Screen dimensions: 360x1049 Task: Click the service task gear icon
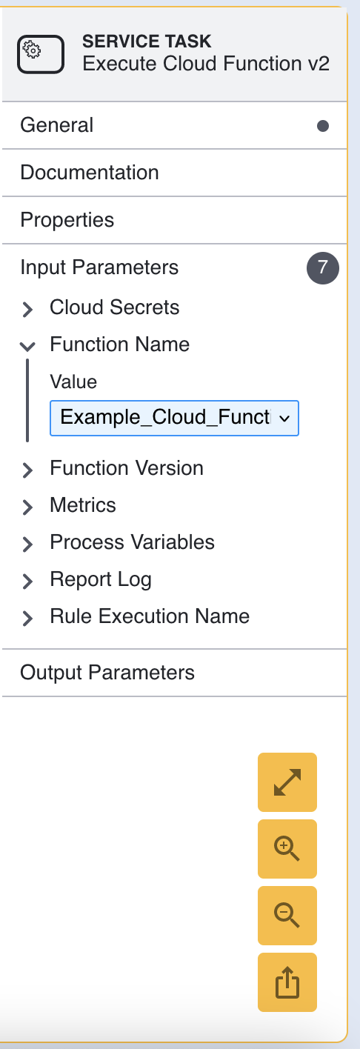point(41,54)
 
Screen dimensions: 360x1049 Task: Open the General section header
point(56,125)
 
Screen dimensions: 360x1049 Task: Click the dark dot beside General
point(322,125)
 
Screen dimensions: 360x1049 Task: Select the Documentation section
point(90,173)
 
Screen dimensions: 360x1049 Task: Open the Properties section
point(67,220)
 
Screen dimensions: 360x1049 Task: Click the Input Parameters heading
point(99,267)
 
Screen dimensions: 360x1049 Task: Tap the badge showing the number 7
point(322,268)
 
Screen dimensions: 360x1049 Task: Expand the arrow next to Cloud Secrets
point(27,309)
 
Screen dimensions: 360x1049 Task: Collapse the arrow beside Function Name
point(27,346)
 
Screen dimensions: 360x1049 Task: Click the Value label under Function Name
point(73,382)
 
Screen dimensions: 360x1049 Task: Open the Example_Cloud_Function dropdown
point(174,419)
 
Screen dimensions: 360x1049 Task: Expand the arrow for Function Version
point(27,470)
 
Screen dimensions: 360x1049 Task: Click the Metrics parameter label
point(83,504)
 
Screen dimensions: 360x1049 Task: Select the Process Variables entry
point(132,542)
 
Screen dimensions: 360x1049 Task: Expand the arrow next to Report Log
point(27,581)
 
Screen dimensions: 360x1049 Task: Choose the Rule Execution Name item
point(150,616)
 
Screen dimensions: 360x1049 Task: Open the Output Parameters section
point(107,673)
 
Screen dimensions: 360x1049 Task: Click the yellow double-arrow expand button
point(287,782)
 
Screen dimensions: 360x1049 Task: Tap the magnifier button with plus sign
point(287,848)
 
